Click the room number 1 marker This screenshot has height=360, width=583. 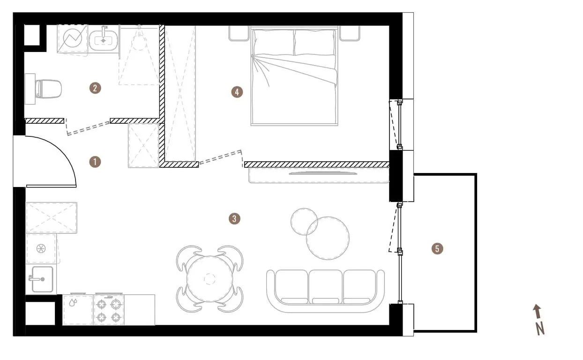95,162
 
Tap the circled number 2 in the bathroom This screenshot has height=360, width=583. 95,88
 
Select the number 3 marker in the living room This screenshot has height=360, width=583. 234,218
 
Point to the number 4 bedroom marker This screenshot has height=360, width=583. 237,92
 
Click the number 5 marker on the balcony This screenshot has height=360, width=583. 437,248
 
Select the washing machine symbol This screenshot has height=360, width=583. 72,38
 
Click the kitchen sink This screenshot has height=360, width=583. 42,279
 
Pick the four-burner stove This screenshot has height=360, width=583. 109,310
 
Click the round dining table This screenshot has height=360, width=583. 209,279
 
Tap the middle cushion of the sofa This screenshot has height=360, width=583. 325,286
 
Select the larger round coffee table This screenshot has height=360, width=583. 328,238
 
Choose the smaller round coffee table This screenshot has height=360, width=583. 304,222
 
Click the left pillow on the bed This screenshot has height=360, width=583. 274,42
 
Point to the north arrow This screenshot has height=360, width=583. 537,312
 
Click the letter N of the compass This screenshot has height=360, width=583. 540,329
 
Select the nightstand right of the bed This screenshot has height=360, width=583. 350,33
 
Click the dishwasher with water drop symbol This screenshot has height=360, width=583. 77,310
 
